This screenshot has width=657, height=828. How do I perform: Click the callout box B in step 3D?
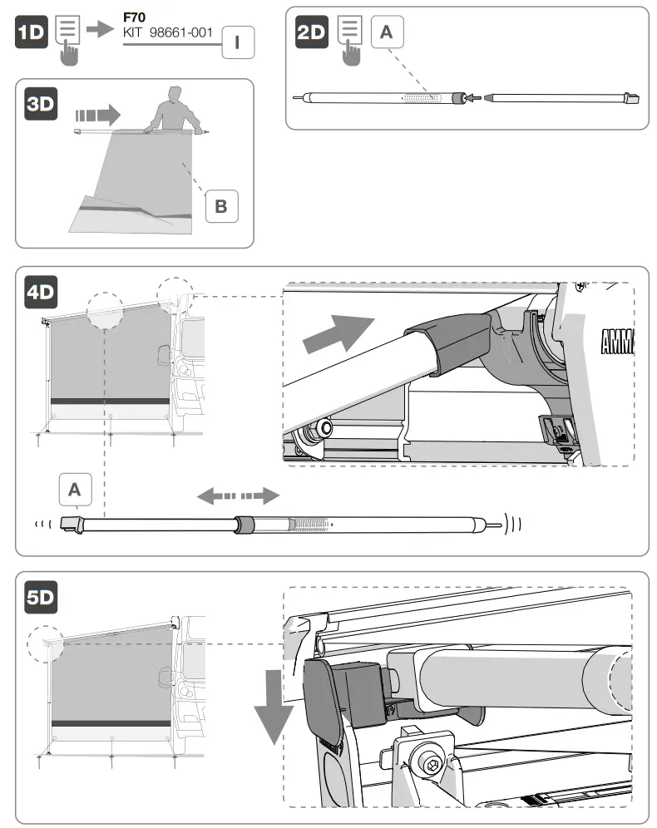coord(221,205)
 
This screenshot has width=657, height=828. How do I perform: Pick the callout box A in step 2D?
coord(386,32)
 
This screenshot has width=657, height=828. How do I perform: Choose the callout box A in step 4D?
coord(75,490)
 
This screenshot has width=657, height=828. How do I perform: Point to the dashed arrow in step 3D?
coord(96,112)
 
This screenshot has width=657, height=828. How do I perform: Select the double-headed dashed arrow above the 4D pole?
coord(237,496)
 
